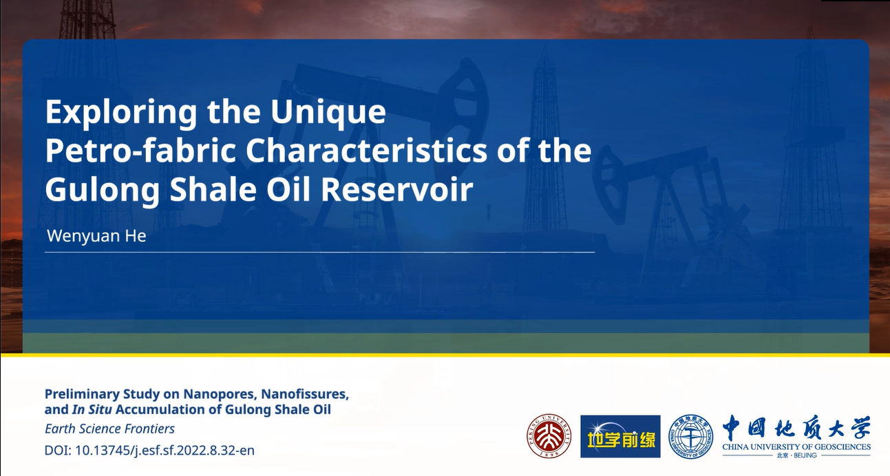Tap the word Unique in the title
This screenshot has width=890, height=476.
point(328,113)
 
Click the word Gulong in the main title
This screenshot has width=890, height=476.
point(103,190)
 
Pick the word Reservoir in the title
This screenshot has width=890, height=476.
point(397,189)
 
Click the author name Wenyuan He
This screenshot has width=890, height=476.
point(96,236)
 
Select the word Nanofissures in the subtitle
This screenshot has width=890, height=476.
point(305,394)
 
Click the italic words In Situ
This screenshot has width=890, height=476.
point(92,409)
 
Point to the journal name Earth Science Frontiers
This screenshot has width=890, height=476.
point(109,429)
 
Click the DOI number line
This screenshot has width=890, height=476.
point(149,451)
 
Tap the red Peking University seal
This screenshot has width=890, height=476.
point(549,436)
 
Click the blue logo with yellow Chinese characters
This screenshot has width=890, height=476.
point(620,436)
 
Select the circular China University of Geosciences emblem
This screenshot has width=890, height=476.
point(690,436)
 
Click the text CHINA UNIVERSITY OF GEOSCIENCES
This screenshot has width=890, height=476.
point(796,447)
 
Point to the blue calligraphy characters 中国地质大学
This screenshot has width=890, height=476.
point(796,427)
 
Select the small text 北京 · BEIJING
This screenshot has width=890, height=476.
point(796,455)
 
